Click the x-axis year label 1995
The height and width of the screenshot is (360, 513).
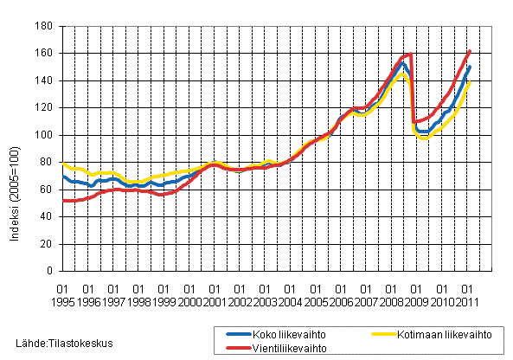coord(62,299)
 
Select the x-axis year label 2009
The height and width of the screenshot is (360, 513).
coord(417,299)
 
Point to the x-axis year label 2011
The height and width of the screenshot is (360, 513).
coord(467,299)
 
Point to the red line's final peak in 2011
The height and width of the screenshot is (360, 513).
coord(470,52)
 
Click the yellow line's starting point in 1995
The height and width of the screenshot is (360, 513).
coord(62,162)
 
